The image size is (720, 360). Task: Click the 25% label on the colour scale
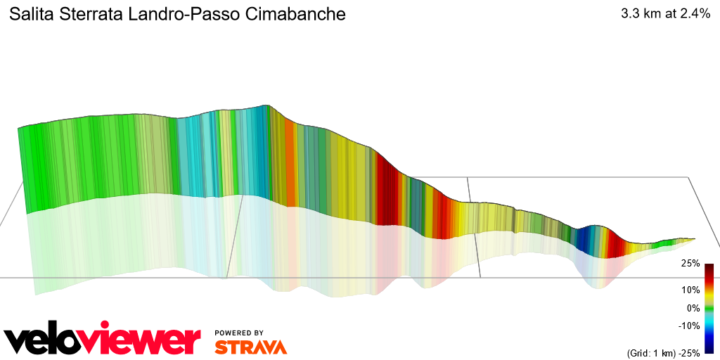click(x=690, y=264)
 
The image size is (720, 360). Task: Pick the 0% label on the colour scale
click(x=693, y=308)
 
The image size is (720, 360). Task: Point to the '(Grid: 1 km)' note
click(x=650, y=352)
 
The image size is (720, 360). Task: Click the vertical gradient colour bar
click(x=709, y=308)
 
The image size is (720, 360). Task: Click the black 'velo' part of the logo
click(x=49, y=341)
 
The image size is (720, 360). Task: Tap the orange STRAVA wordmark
click(x=250, y=347)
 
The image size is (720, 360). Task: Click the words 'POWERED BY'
click(x=239, y=333)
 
